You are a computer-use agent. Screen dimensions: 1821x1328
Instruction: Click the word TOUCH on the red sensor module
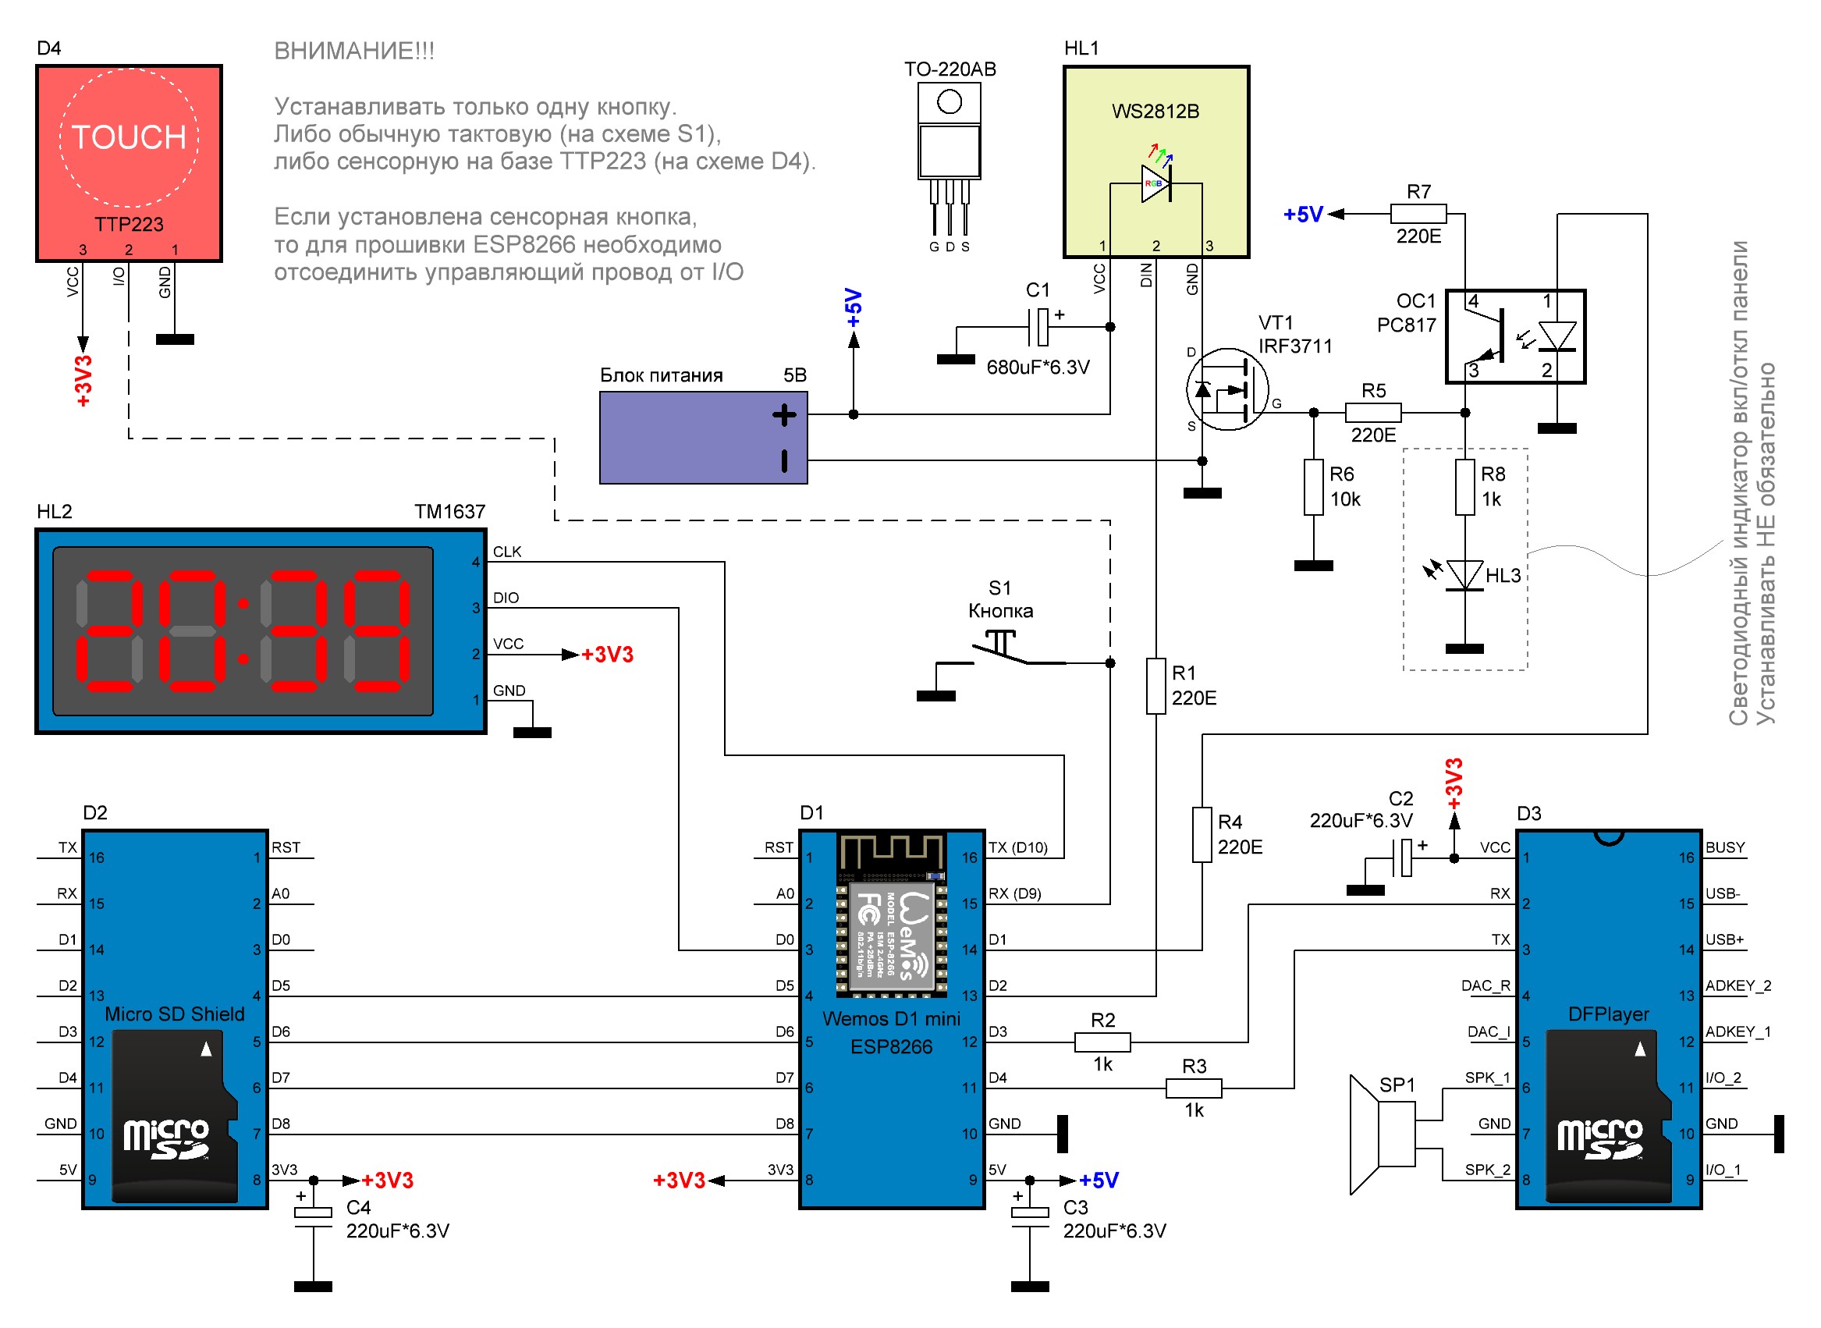[129, 137]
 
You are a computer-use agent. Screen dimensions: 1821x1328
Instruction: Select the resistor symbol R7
[1418, 214]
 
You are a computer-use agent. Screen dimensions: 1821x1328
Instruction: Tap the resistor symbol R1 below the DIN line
[1155, 686]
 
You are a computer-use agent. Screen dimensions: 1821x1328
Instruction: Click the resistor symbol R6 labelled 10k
[1312, 487]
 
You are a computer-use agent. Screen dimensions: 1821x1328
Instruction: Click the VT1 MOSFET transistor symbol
[1226, 389]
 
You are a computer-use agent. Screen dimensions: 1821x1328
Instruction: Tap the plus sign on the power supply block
[783, 415]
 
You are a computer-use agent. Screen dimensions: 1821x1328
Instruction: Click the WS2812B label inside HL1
[1155, 112]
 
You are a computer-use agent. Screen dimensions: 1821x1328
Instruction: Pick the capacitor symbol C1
[1041, 327]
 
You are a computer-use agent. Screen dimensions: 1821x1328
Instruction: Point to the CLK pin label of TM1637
[506, 552]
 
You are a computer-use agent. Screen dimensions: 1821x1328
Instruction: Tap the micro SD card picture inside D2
[175, 1117]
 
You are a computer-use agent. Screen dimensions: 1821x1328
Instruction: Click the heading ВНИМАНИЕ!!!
[353, 51]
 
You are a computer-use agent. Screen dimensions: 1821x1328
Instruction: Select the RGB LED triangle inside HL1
[1155, 184]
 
